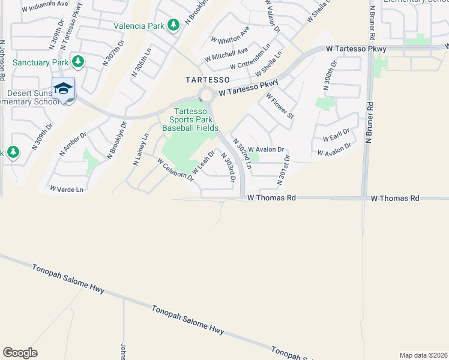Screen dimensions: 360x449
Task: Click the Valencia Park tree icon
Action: (x=173, y=25)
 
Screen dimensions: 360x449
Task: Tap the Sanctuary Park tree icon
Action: (x=77, y=61)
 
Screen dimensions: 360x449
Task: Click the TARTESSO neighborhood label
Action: (x=207, y=80)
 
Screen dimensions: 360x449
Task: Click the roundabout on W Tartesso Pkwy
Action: (x=208, y=95)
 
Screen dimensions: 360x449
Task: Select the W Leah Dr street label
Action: (x=203, y=162)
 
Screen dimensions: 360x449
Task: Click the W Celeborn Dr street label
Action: (x=176, y=170)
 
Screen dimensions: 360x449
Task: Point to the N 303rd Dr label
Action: (x=228, y=167)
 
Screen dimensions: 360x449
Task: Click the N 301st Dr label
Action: (x=282, y=170)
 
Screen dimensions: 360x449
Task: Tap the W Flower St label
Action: (x=279, y=106)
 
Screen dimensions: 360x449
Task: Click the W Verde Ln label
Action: (x=67, y=189)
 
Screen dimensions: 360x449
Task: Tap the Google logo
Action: (x=20, y=353)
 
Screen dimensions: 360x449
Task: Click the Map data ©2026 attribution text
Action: (x=423, y=355)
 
